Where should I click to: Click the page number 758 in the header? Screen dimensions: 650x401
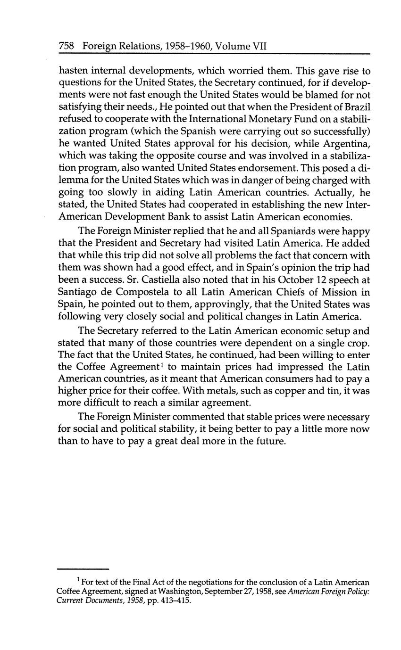pyautogui.click(x=67, y=46)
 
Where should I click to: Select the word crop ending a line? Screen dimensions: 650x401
pyautogui.click(x=359, y=342)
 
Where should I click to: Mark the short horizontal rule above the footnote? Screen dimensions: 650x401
pyautogui.click(x=83, y=569)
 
